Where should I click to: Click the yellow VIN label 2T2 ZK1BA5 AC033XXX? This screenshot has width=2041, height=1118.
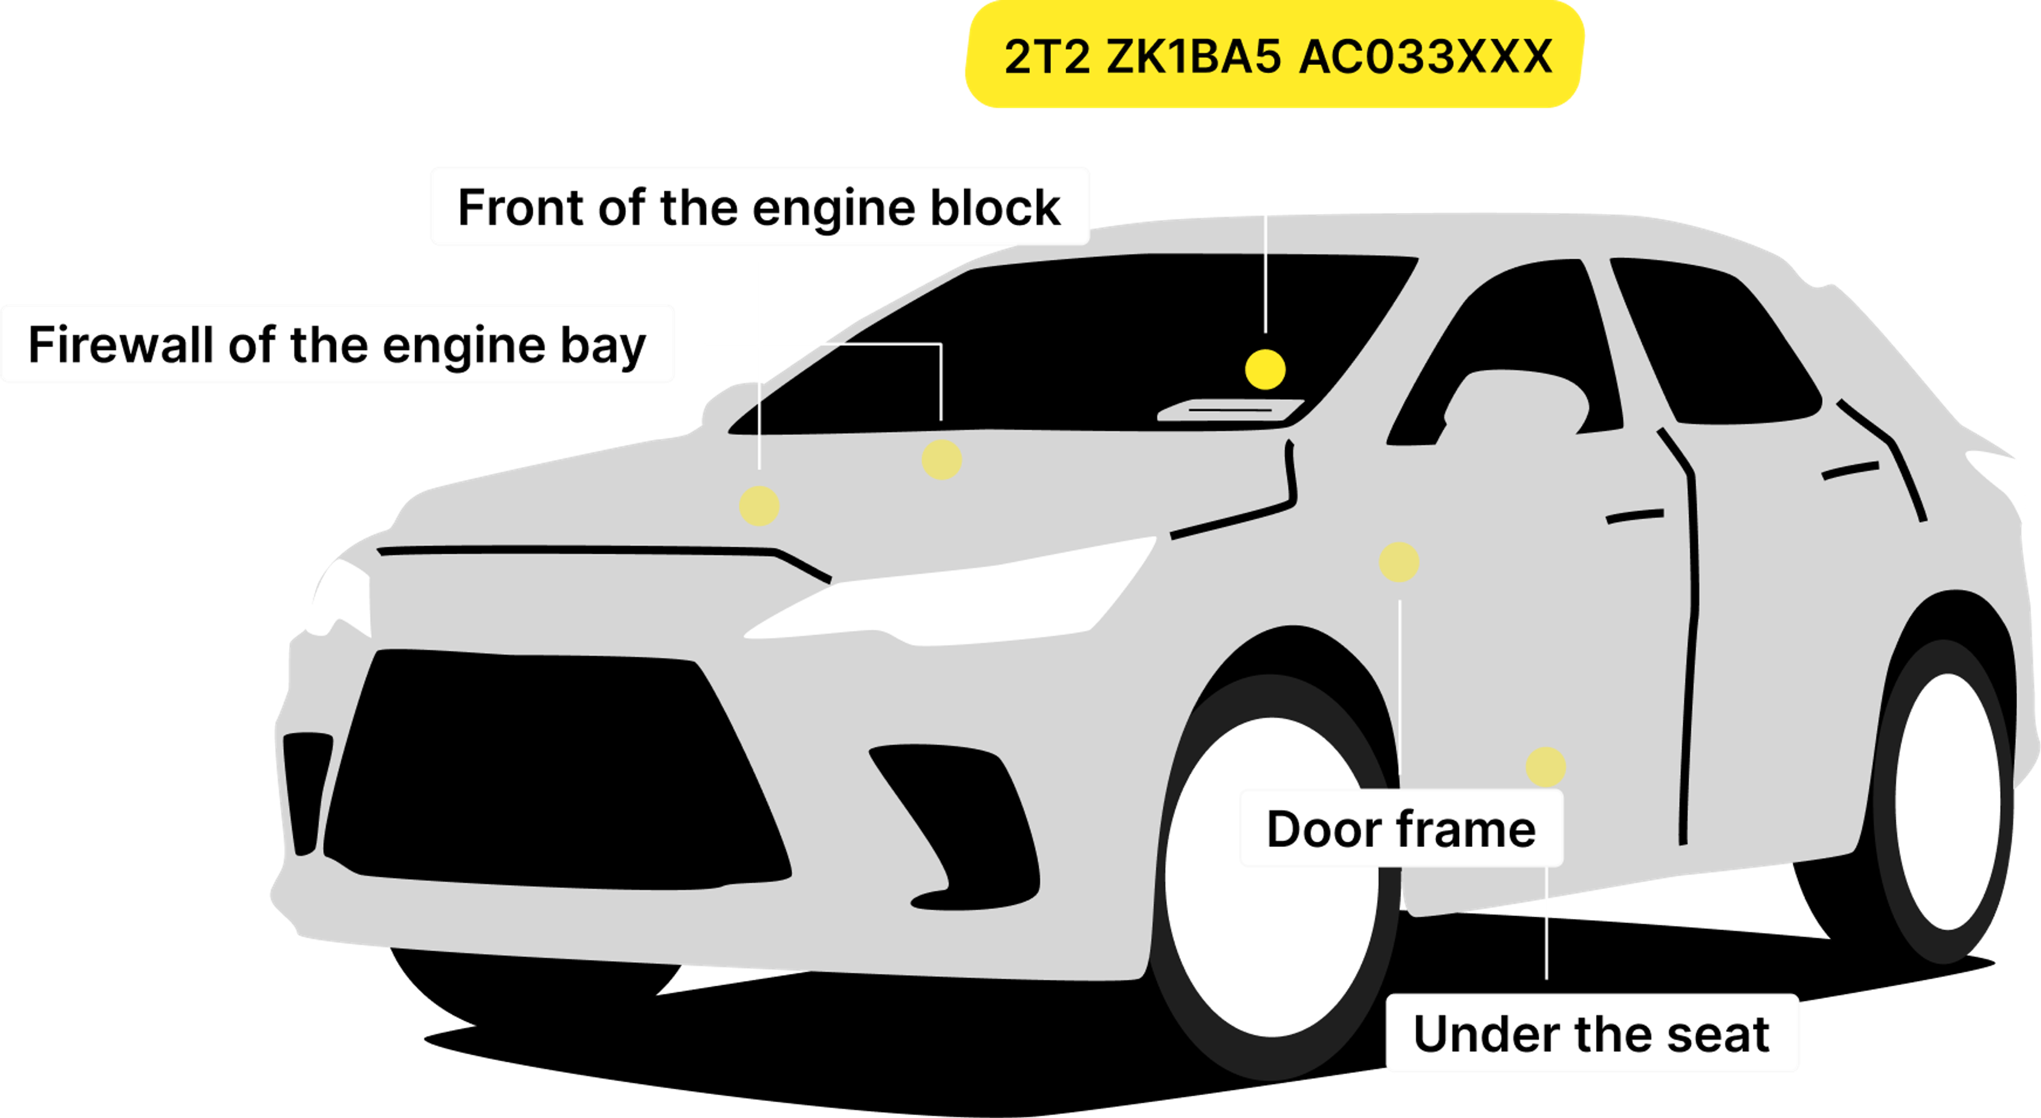[1276, 55]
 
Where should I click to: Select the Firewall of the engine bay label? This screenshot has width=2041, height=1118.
[338, 345]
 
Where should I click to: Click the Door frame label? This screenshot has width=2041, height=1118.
[1401, 829]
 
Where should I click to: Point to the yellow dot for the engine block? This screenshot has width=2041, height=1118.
[759, 505]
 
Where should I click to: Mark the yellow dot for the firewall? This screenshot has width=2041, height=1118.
[941, 460]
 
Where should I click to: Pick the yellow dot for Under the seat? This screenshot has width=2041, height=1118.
[1545, 766]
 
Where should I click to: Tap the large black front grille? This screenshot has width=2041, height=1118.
[554, 768]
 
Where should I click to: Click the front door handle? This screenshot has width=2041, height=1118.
[1634, 516]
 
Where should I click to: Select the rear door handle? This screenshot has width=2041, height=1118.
[1850, 471]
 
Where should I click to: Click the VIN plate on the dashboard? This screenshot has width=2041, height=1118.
[1230, 410]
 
